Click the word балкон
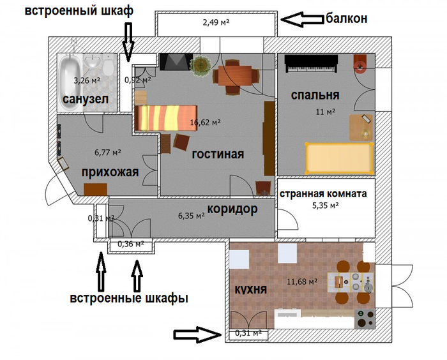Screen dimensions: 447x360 (x=346, y=19)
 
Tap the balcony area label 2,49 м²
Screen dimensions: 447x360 (x=216, y=22)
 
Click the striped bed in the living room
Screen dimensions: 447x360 (x=166, y=117)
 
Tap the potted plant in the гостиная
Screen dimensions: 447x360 (x=201, y=65)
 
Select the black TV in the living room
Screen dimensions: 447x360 (x=176, y=61)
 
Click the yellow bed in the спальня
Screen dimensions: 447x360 (x=339, y=158)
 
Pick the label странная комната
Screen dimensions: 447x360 (x=323, y=194)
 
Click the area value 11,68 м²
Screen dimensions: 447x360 (x=302, y=282)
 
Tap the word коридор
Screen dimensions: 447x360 (x=232, y=209)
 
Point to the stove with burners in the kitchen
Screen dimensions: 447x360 (x=365, y=319)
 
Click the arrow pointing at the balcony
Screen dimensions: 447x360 (x=303, y=19)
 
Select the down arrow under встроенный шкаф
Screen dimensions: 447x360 (x=128, y=42)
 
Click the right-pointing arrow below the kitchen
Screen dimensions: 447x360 (x=197, y=334)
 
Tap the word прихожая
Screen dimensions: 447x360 (x=110, y=172)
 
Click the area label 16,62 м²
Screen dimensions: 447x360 (x=205, y=123)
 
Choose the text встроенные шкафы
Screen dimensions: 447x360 (x=129, y=299)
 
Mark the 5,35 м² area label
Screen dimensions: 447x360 (x=325, y=206)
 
